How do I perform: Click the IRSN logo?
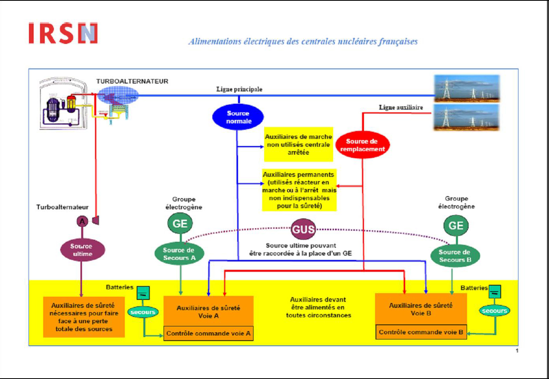tap(63, 33)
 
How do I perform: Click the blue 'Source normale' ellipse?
tap(238, 117)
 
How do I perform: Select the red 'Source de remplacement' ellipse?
tap(362, 145)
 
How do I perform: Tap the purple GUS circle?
tap(303, 229)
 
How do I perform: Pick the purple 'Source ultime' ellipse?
tap(82, 250)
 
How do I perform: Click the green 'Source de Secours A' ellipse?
tap(179, 254)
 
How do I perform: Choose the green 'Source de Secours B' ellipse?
tap(455, 256)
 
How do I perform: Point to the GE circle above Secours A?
tap(180, 224)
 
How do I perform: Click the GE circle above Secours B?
tap(456, 226)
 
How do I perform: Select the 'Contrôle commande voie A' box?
tap(208, 334)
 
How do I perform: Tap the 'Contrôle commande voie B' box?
tap(421, 332)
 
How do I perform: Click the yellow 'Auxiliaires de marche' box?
tap(298, 144)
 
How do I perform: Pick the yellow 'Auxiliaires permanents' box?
tap(299, 190)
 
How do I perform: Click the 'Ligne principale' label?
tap(239, 89)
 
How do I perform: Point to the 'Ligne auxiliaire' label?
tap(401, 108)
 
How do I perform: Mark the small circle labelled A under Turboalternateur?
tap(82, 222)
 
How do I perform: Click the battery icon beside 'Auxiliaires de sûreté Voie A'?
tap(143, 293)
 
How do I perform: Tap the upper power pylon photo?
tap(467, 88)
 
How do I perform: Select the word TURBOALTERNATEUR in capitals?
tap(132, 81)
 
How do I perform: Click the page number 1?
tap(517, 351)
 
